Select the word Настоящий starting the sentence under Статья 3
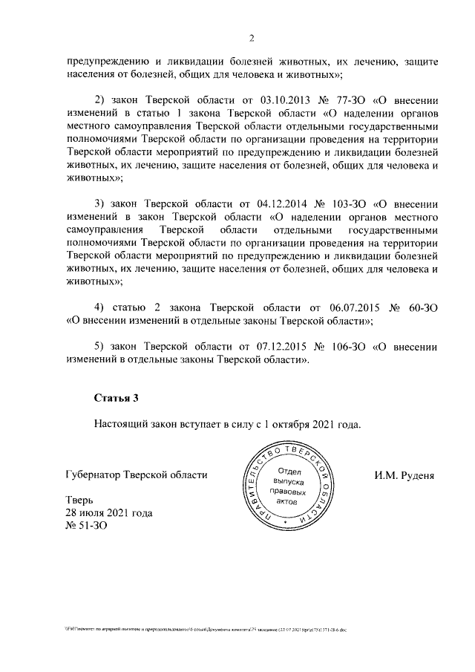tap(121, 425)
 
